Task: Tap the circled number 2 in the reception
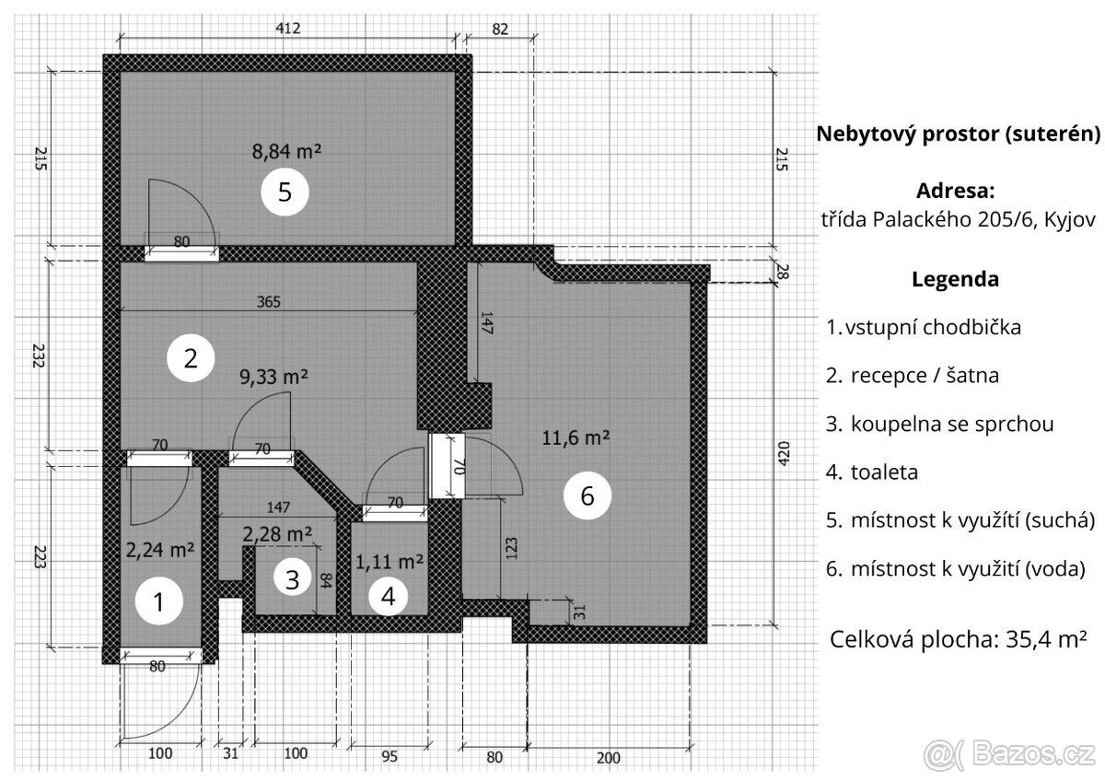click(x=190, y=358)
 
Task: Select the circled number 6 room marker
click(x=587, y=496)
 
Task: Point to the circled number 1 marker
click(x=158, y=603)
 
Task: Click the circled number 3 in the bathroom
click(x=292, y=580)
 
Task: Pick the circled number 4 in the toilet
click(x=388, y=597)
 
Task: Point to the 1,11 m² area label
click(x=390, y=560)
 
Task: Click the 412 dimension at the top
click(x=288, y=29)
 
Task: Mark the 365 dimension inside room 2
click(x=269, y=301)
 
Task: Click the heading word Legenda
click(x=956, y=280)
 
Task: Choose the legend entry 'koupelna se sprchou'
click(x=952, y=425)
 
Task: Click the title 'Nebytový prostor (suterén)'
click(x=959, y=134)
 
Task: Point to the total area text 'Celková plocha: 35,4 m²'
click(x=959, y=638)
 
